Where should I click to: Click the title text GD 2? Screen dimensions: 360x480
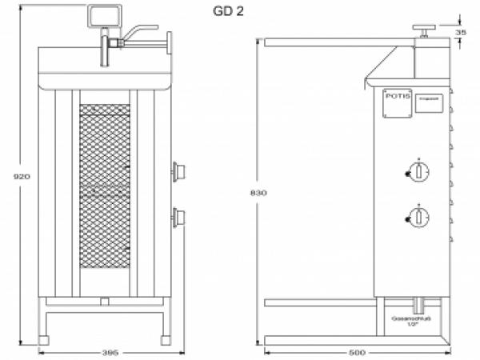228,11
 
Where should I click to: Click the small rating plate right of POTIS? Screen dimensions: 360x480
427,104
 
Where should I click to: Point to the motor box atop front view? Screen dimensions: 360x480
104,15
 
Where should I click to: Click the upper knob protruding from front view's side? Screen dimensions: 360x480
179,170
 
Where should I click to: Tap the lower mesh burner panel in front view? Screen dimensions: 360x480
105,232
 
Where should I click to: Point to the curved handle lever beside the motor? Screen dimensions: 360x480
136,31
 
